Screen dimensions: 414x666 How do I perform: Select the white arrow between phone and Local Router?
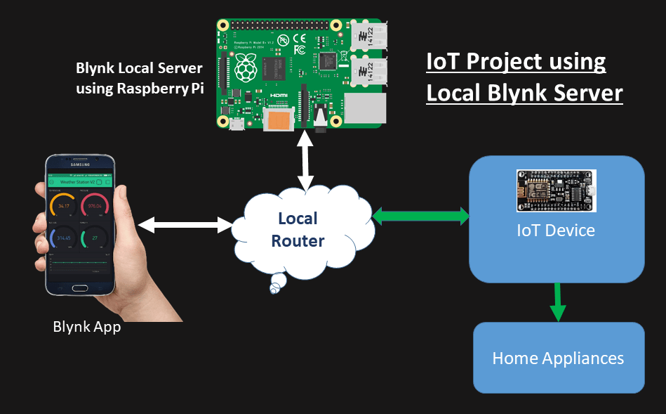pos(185,225)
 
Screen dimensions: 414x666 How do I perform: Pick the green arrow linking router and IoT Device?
pos(420,216)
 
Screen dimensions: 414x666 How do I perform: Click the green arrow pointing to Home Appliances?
pos(558,302)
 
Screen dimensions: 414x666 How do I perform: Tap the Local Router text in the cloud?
pos(298,230)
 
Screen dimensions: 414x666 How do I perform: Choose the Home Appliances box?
pos(558,358)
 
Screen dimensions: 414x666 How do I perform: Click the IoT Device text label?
pos(555,230)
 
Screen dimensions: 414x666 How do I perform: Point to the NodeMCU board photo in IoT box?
pos(555,190)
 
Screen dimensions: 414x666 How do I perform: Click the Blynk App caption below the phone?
pos(86,327)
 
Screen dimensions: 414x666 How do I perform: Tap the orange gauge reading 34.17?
pos(64,206)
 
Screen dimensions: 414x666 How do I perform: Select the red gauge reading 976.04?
pos(94,206)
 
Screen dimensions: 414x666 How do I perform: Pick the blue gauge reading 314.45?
pos(64,238)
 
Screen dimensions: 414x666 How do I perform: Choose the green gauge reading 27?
pos(94,238)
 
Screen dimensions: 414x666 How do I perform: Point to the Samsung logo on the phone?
pos(79,166)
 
